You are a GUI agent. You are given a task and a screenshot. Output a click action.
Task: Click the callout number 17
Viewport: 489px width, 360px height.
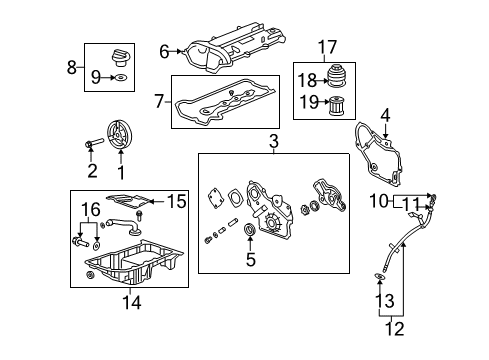click(x=327, y=47)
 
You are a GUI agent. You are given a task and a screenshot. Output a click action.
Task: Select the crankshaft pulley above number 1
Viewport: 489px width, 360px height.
click(x=120, y=136)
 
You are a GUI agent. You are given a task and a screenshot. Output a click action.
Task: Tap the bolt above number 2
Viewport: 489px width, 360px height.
click(x=94, y=144)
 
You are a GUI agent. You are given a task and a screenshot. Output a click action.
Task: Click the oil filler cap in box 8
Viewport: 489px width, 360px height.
click(x=121, y=58)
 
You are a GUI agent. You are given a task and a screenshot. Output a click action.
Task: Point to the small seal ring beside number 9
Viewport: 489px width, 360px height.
click(x=121, y=78)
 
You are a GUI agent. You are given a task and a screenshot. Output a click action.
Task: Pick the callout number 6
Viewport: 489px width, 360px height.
click(x=164, y=52)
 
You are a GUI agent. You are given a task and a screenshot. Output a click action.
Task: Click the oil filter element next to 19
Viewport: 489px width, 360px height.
click(x=337, y=106)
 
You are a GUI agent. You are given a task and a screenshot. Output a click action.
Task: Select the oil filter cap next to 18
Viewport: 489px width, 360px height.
click(x=337, y=77)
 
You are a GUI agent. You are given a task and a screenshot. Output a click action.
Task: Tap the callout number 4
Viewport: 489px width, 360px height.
click(x=385, y=116)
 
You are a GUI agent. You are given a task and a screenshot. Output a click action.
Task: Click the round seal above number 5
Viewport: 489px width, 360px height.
click(x=250, y=230)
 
